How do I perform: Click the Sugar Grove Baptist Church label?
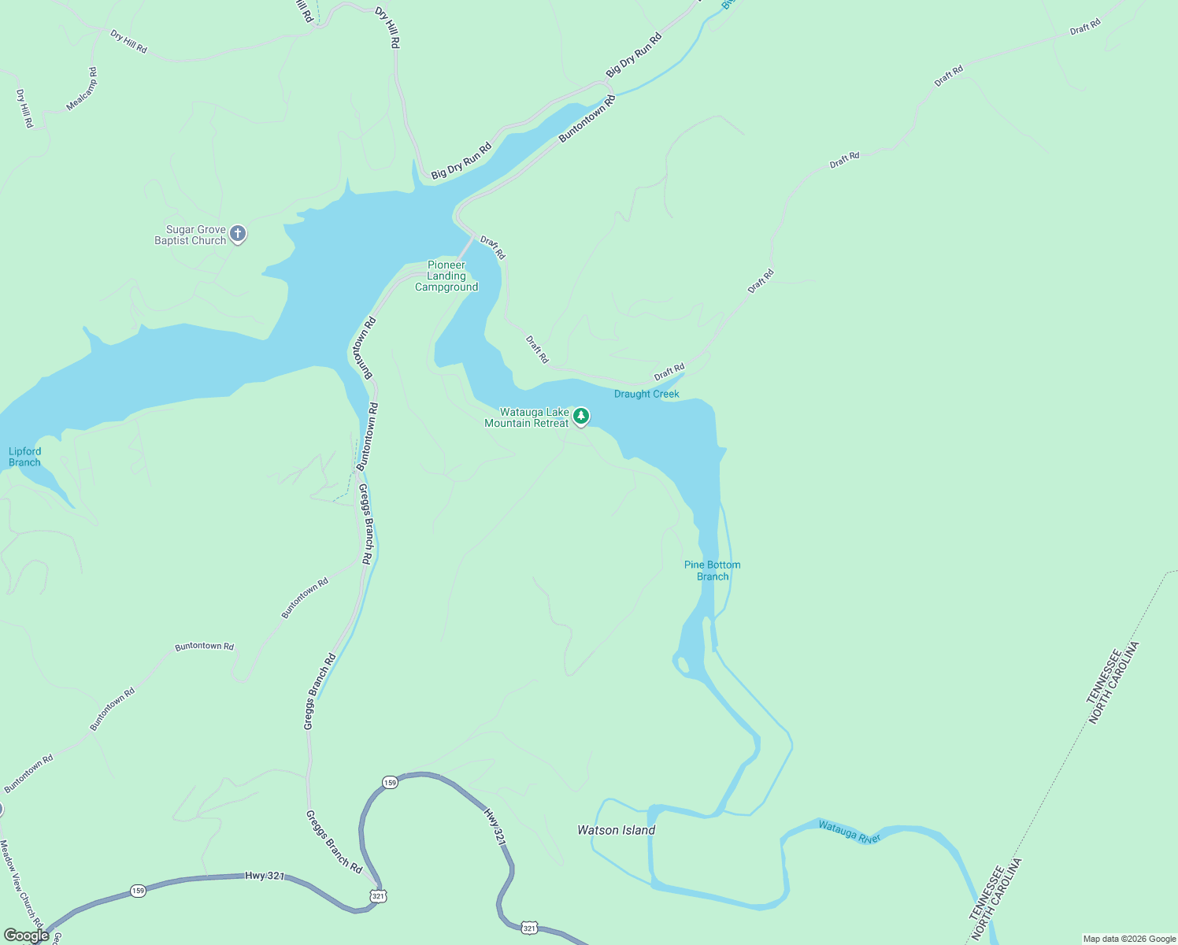[x=191, y=235]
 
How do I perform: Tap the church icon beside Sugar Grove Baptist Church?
[x=238, y=234]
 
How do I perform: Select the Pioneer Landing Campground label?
[x=446, y=276]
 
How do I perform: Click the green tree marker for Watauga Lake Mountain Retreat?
[x=581, y=416]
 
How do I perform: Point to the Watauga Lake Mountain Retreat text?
[x=527, y=418]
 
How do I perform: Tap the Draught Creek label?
[x=646, y=394]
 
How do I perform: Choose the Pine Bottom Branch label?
[x=713, y=571]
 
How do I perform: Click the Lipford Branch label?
[x=24, y=457]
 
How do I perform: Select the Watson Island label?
[x=616, y=830]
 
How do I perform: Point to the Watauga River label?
[x=849, y=832]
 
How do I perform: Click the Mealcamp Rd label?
[x=82, y=89]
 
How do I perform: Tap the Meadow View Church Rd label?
[x=21, y=882]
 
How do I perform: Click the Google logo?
[x=26, y=936]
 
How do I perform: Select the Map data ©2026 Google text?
[x=1129, y=939]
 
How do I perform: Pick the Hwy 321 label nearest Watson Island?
[x=494, y=826]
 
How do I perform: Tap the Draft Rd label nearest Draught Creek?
[x=669, y=371]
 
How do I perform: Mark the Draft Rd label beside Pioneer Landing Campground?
[x=493, y=248]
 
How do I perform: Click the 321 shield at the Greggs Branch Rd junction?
[x=379, y=896]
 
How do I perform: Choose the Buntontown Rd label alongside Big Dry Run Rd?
[x=587, y=119]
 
